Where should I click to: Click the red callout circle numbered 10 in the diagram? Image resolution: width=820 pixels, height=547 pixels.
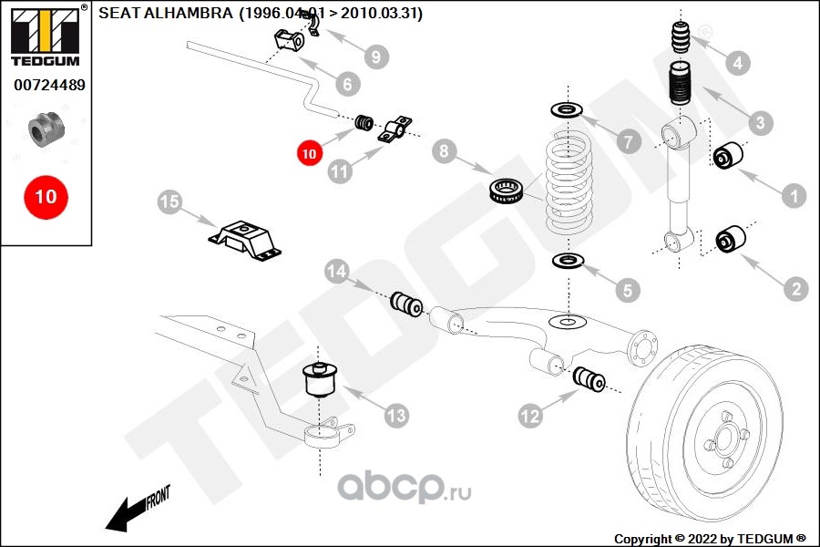(309, 153)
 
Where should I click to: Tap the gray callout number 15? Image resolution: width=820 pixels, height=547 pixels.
(169, 201)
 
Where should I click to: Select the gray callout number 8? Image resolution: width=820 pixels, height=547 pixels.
(444, 151)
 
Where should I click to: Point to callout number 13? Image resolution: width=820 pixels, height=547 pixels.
(396, 416)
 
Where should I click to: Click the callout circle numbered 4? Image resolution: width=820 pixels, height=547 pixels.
(738, 63)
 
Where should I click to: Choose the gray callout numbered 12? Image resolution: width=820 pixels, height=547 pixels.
(529, 416)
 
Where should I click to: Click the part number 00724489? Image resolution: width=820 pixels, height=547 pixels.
(49, 85)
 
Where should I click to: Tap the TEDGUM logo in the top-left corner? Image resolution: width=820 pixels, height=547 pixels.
(46, 36)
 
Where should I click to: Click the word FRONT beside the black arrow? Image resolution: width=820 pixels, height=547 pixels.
(158, 497)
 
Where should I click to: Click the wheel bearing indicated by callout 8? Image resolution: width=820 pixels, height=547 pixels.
(507, 191)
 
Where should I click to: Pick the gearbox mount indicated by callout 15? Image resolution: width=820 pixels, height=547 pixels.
(245, 241)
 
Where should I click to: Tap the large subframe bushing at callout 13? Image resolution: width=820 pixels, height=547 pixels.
(321, 378)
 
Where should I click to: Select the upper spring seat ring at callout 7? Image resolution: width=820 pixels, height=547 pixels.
(567, 110)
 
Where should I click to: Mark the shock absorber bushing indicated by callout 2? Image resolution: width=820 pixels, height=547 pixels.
(731, 239)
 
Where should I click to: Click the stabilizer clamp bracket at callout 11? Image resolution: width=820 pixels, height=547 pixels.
(395, 129)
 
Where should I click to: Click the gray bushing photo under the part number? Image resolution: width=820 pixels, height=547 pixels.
(46, 129)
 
